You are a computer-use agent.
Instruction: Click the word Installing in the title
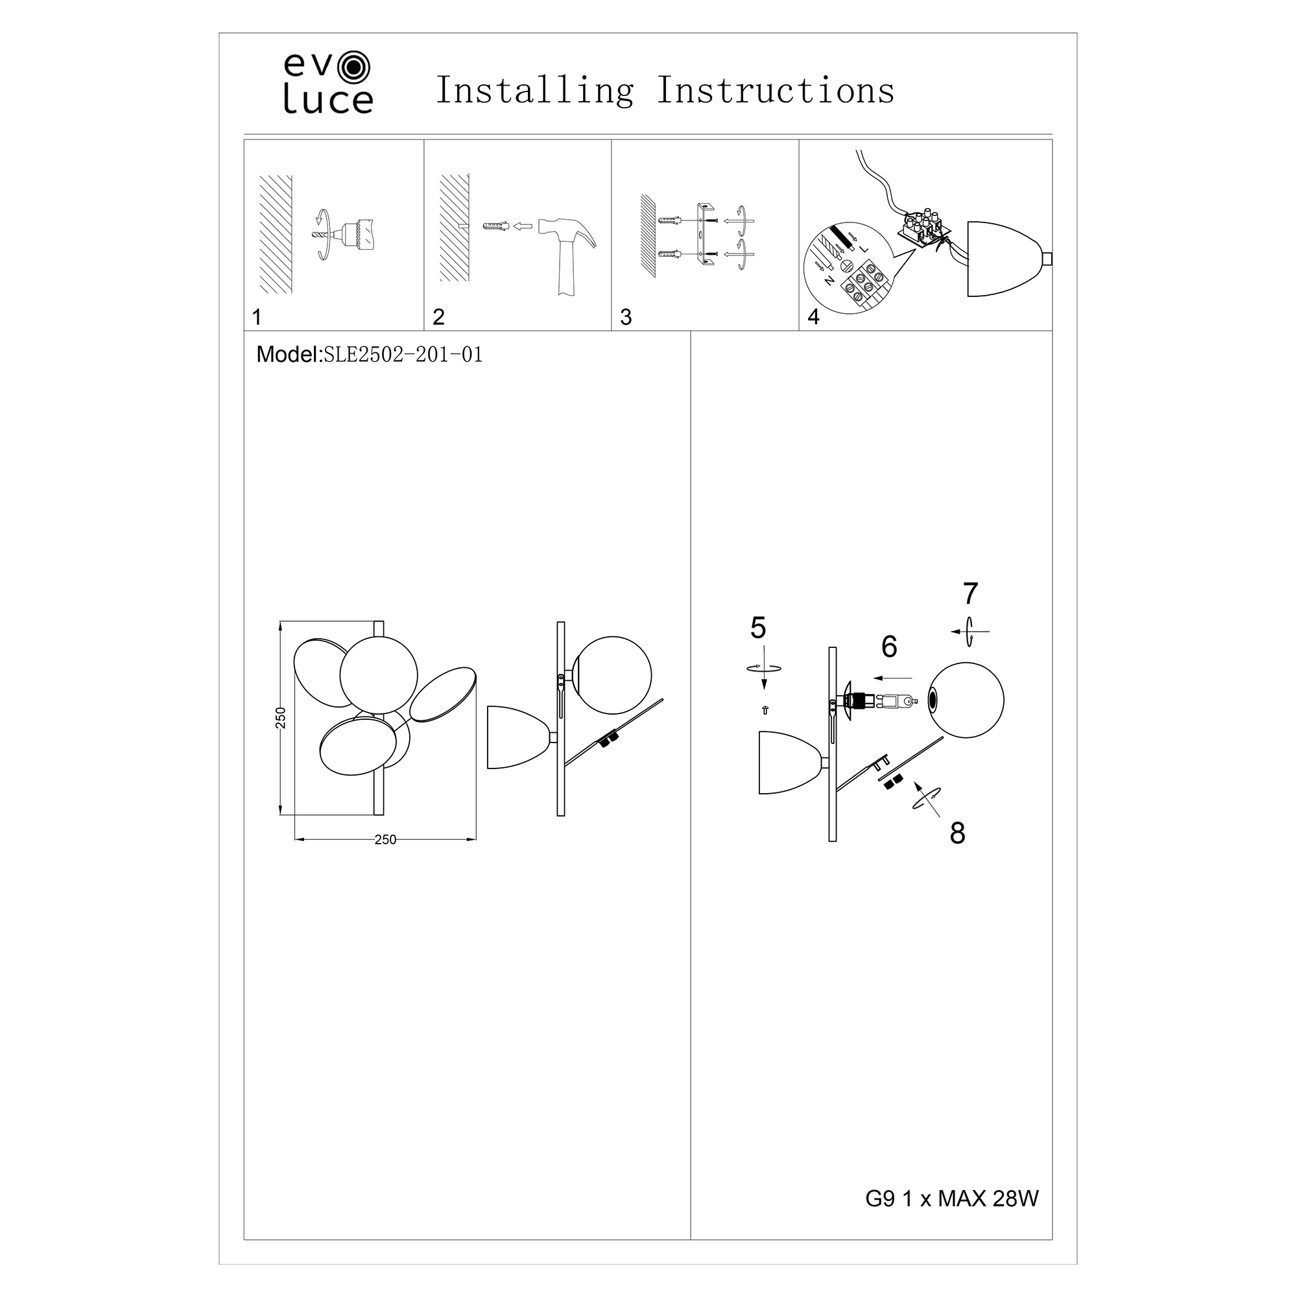pos(535,91)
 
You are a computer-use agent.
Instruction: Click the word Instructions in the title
pos(776,90)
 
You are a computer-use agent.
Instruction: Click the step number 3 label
pos(626,317)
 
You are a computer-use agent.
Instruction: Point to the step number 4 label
pos(814,317)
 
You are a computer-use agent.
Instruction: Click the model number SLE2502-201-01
pos(403,355)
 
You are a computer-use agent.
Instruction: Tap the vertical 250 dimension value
pos(281,718)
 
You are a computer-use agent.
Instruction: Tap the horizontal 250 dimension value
pos(385,840)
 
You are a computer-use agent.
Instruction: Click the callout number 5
pos(758,628)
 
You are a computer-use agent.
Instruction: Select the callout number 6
pos(889,647)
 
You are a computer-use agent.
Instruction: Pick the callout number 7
pos(971,593)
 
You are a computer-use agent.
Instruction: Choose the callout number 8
pos(957,833)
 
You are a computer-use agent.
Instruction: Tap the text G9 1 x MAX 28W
pos(952,1199)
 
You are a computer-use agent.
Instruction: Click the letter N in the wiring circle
pos(829,281)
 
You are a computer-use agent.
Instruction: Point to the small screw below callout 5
pos(765,709)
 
